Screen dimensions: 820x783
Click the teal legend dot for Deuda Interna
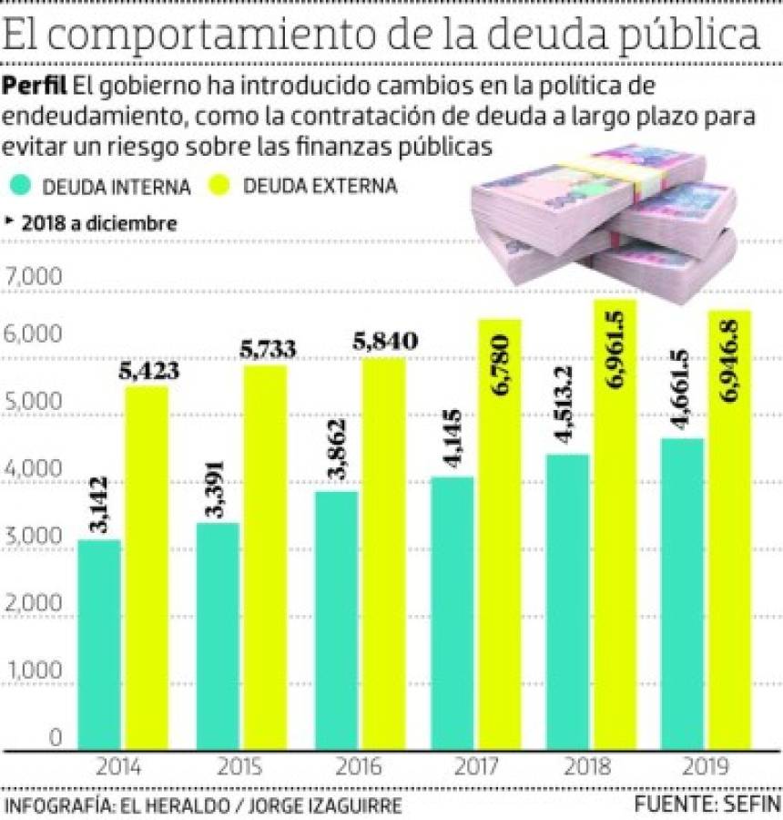(x=25, y=186)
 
